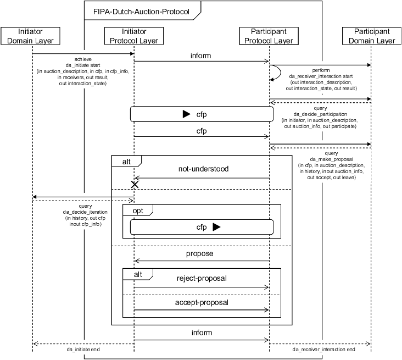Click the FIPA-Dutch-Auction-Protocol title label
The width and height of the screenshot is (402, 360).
tap(141, 11)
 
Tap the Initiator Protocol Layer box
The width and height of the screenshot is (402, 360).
tap(134, 36)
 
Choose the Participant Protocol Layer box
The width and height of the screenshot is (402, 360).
tap(269, 36)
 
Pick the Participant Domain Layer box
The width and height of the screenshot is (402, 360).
tap(371, 36)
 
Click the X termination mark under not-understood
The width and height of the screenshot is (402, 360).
tap(134, 185)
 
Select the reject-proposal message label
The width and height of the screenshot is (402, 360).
tap(201, 278)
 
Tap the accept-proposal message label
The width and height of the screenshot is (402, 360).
tap(201, 302)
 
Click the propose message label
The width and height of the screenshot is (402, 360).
tap(200, 253)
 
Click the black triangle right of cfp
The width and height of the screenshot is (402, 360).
tap(216, 227)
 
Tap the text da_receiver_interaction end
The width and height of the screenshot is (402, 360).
tap(323, 349)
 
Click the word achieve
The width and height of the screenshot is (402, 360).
tap(83, 59)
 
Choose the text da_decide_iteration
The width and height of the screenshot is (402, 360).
tap(85, 212)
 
